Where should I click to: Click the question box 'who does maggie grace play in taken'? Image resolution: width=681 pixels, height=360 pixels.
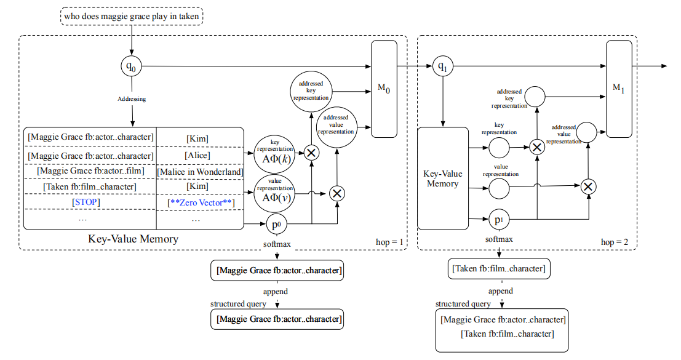tap(132, 16)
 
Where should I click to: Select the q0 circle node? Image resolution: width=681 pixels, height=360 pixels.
tap(130, 66)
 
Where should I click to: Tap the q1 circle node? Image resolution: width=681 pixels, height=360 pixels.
tap(442, 66)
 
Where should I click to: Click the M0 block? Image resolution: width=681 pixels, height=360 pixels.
tap(384, 90)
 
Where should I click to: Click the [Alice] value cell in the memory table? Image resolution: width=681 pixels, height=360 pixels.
tap(197, 156)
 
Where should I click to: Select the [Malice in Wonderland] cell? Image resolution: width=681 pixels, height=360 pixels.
tap(200, 172)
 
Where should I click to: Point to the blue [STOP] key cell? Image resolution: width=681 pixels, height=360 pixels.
tap(87, 201)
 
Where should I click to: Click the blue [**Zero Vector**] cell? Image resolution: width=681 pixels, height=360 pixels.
tap(199, 202)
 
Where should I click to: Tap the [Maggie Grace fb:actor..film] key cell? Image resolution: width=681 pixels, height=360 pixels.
tap(90, 172)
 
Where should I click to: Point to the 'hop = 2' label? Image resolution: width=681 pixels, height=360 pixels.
tap(615, 242)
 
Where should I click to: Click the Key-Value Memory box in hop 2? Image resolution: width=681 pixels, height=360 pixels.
tap(443, 178)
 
